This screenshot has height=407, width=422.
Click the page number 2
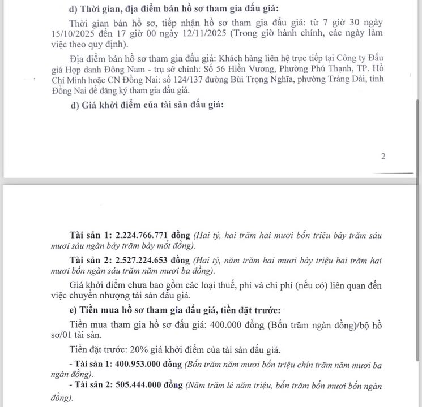383,157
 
